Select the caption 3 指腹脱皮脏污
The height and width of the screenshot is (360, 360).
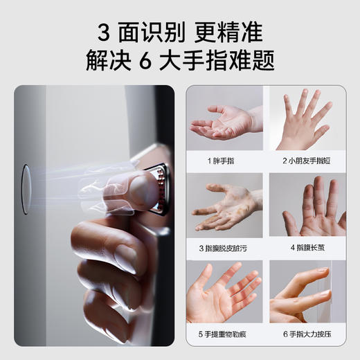224,246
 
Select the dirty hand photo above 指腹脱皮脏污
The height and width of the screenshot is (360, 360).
224,205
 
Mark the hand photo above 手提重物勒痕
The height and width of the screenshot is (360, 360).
224,291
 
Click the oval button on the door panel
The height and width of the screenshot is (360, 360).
26,189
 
